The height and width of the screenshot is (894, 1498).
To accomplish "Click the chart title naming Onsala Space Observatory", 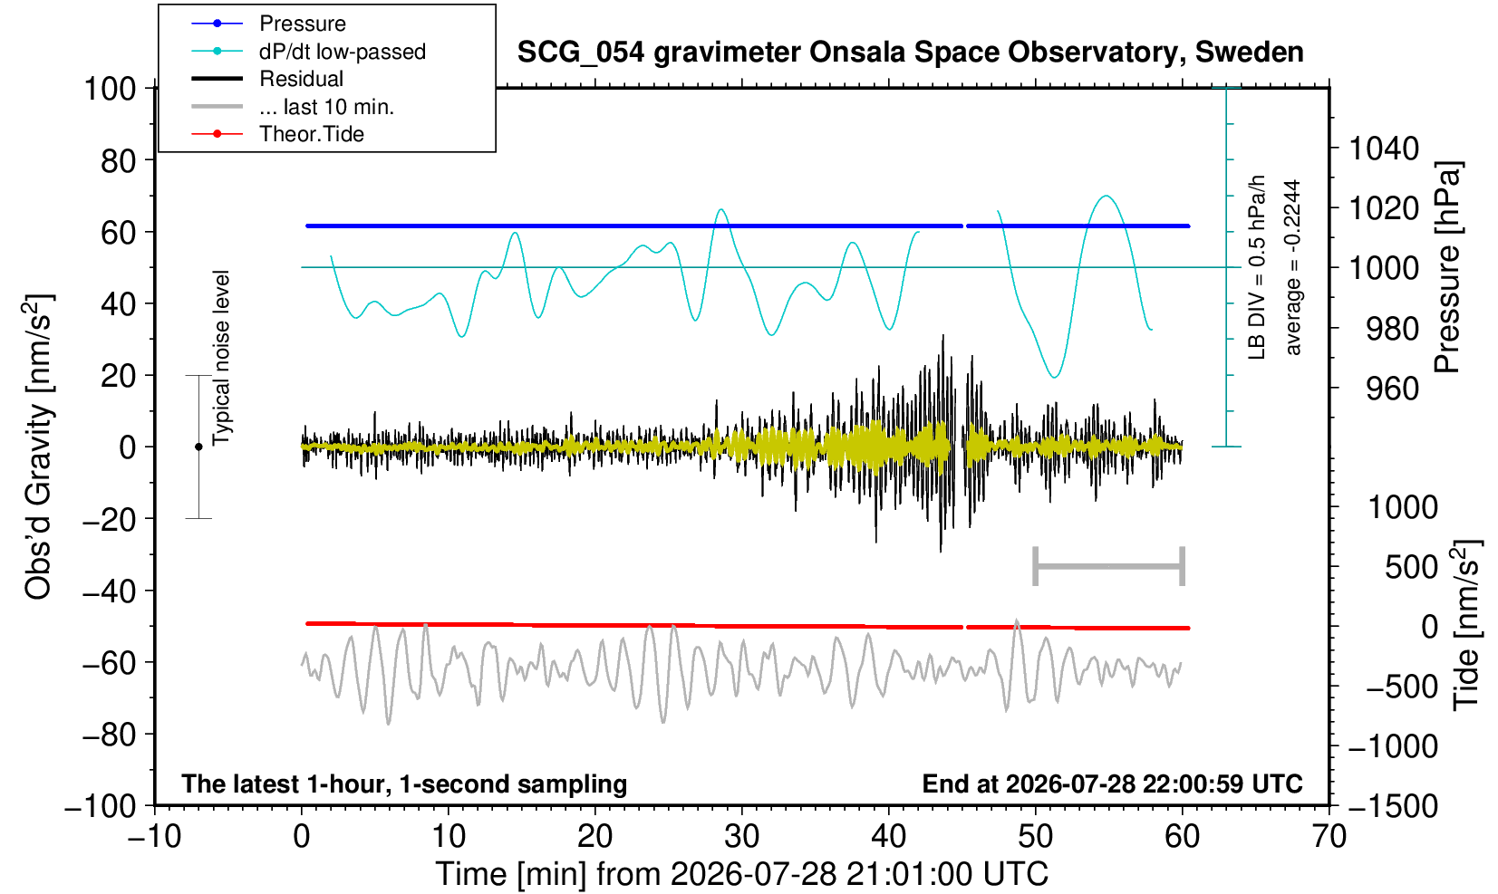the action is coord(910,53).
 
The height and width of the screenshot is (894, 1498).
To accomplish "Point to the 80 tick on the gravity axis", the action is coord(119,161).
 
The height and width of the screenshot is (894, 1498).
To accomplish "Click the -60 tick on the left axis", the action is coord(109,663).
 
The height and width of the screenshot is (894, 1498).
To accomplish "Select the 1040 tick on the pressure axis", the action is coord(1384,149).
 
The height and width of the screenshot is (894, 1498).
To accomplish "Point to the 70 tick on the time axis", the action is coord(1329,837).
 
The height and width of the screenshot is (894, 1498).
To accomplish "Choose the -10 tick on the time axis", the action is coord(154,837).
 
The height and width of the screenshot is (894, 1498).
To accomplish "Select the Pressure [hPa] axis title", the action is coord(1448,267).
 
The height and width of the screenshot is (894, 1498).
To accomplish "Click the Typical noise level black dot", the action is coord(198,447).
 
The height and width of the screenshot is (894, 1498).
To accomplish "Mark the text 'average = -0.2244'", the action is coord(1292,267).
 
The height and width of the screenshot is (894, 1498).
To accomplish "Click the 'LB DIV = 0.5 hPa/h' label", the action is coord(1257,267).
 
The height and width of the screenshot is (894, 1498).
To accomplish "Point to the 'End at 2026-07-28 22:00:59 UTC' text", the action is coord(1112,783).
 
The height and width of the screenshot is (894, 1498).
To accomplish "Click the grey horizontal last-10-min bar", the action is coord(1109,566).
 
